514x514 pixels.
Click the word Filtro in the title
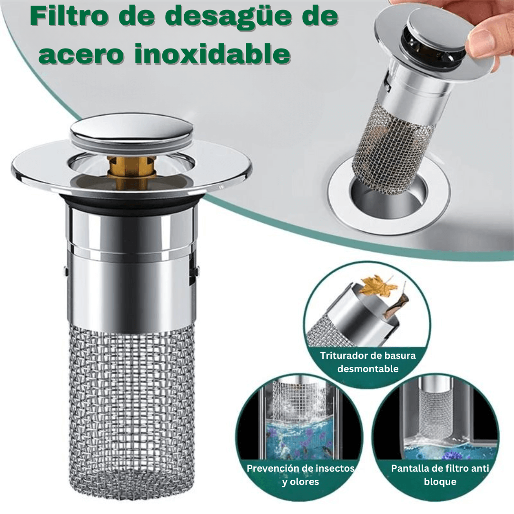[x=69, y=16]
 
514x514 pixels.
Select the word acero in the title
[x=80, y=54]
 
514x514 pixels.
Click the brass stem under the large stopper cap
[x=131, y=170]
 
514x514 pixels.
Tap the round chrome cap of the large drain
[x=131, y=129]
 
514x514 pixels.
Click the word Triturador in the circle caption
[x=343, y=356]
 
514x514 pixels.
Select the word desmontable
[x=368, y=369]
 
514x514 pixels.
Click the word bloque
[x=440, y=482]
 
